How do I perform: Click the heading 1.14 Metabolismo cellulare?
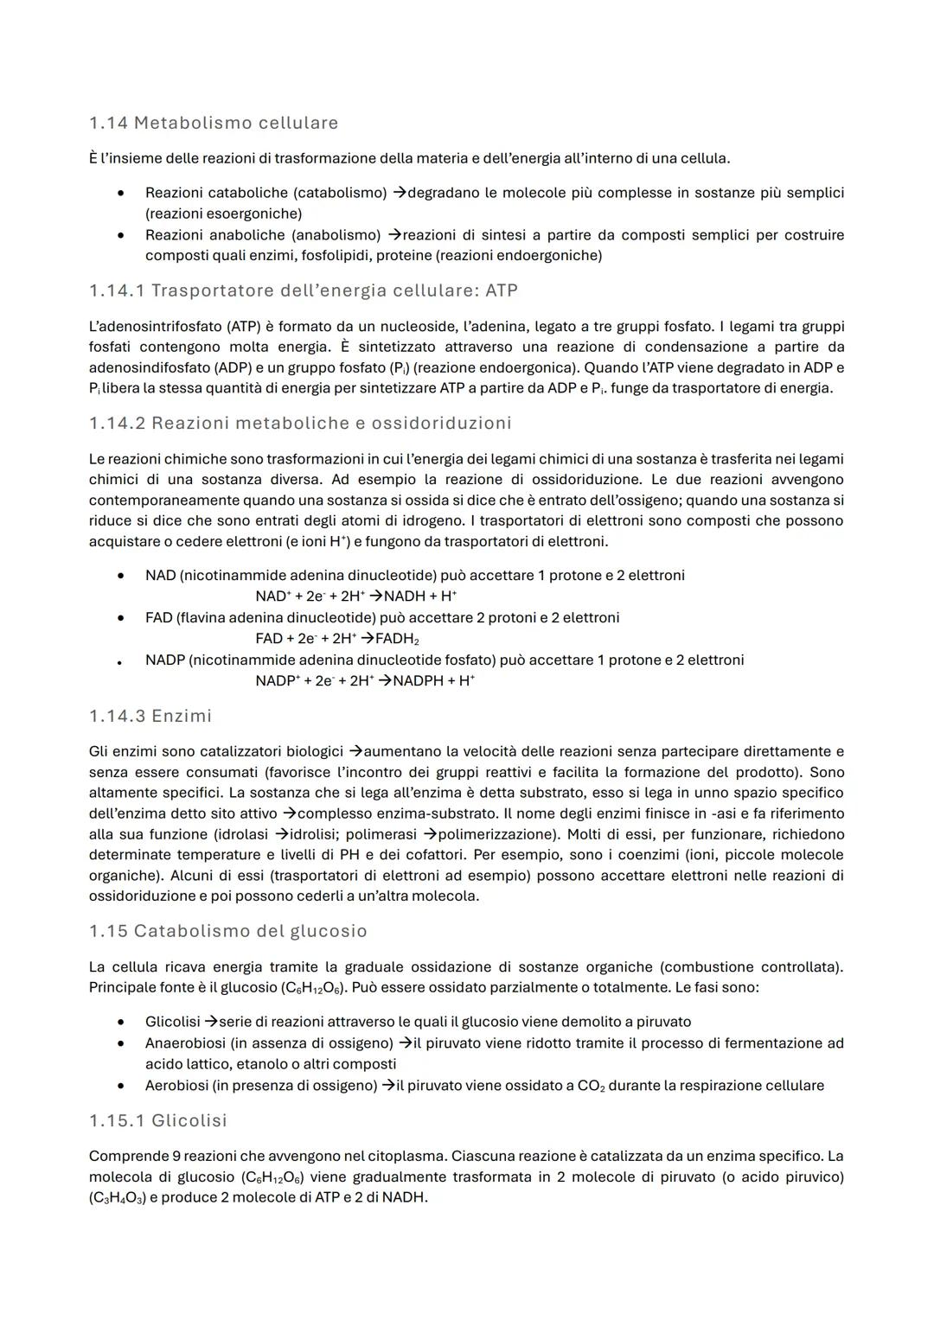click(x=214, y=123)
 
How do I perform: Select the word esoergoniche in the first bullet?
click(x=257, y=214)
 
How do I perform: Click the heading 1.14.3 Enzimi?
click(x=150, y=716)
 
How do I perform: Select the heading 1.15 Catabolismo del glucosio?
click(x=228, y=931)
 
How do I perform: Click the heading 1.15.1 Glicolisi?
click(x=158, y=1120)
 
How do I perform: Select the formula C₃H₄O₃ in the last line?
click(x=117, y=1198)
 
